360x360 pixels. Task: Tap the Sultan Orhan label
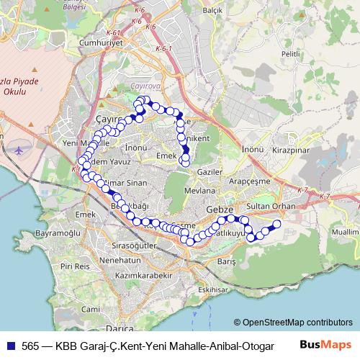point(271,206)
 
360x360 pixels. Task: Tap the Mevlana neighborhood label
point(200,191)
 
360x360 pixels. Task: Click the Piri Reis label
point(76,266)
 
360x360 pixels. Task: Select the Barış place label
point(227,261)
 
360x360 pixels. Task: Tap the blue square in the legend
point(11,345)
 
